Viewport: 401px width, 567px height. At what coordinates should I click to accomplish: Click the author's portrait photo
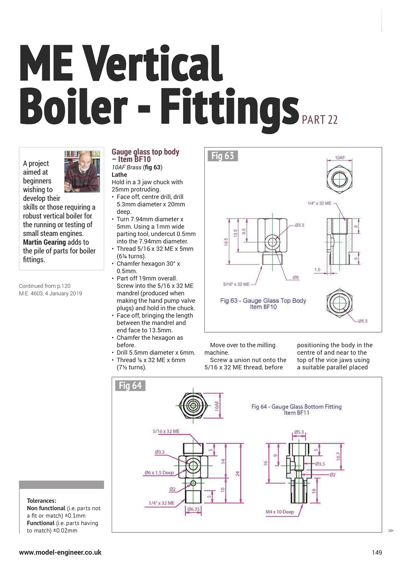(x=82, y=171)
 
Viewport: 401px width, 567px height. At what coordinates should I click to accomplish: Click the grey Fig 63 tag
(x=222, y=156)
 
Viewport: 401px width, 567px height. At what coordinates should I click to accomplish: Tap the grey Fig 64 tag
(x=130, y=385)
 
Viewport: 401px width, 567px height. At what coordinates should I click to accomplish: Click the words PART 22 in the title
(x=319, y=120)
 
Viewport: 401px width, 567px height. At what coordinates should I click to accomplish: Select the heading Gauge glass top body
(x=145, y=152)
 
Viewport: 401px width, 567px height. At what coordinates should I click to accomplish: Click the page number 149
(x=377, y=552)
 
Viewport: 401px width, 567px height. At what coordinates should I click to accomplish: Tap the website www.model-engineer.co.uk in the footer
(x=60, y=552)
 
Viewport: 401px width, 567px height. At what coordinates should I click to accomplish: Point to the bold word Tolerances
(x=42, y=501)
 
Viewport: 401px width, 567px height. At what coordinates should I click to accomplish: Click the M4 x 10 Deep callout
(x=280, y=512)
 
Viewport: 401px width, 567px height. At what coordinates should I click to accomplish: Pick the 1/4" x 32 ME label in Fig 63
(x=319, y=203)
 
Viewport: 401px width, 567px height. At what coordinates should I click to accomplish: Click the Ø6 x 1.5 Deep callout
(x=159, y=473)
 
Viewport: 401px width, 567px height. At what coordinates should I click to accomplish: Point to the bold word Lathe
(x=119, y=175)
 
